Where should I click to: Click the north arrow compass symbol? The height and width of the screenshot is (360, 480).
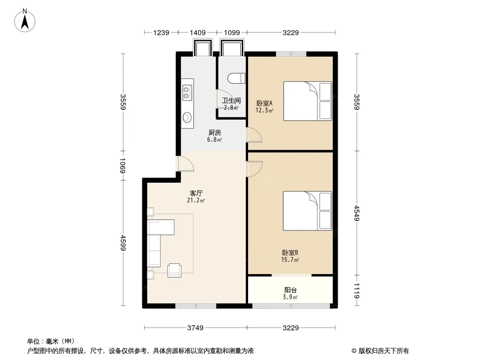pyautogui.click(x=25, y=20)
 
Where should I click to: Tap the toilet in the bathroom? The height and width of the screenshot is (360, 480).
pyautogui.click(x=237, y=78)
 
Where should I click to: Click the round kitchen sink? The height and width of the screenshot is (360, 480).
pyautogui.click(x=187, y=117)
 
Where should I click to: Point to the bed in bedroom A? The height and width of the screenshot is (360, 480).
pyautogui.click(x=308, y=101)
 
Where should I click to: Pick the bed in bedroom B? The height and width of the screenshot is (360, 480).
pyautogui.click(x=308, y=211)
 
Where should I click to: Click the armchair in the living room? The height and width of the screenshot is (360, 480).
pyautogui.click(x=175, y=270)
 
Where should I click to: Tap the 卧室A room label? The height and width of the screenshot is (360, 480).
pyautogui.click(x=264, y=103)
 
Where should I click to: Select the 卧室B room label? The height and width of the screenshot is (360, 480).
pyautogui.click(x=290, y=252)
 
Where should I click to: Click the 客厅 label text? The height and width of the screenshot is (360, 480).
pyautogui.click(x=196, y=193)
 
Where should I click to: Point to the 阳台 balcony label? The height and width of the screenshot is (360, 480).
pyautogui.click(x=290, y=290)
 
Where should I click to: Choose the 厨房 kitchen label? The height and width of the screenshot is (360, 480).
pyautogui.click(x=215, y=133)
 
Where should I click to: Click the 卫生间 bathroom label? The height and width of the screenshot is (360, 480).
pyautogui.click(x=231, y=100)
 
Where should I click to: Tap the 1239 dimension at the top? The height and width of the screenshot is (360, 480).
pyautogui.click(x=161, y=32)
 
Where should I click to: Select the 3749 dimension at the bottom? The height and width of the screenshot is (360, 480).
pyautogui.click(x=195, y=328)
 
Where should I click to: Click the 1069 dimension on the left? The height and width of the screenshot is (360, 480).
pyautogui.click(x=122, y=166)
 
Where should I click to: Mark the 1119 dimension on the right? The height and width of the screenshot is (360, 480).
pyautogui.click(x=357, y=291)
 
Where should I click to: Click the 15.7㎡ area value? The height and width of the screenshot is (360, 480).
pyautogui.click(x=290, y=260)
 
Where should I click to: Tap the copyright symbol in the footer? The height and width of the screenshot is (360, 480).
pyautogui.click(x=354, y=351)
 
